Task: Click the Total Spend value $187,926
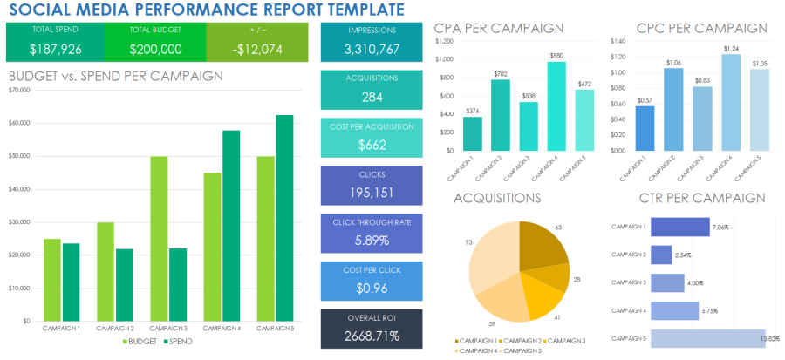point(54,50)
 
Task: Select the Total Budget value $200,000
point(155,50)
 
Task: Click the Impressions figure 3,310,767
point(372,50)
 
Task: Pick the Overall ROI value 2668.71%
point(372,336)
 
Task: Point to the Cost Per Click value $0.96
point(372,289)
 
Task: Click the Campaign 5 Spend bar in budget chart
point(284,218)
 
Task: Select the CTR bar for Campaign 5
point(706,338)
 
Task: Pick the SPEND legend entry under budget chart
point(177,341)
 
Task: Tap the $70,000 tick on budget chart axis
point(19,90)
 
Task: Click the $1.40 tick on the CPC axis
point(618,41)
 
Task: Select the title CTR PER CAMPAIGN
point(702,199)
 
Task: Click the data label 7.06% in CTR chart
point(720,227)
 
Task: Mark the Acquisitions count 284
point(372,98)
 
